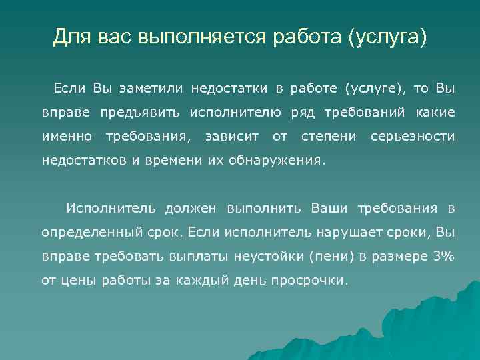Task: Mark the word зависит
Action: (232, 137)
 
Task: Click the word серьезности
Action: (412, 137)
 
